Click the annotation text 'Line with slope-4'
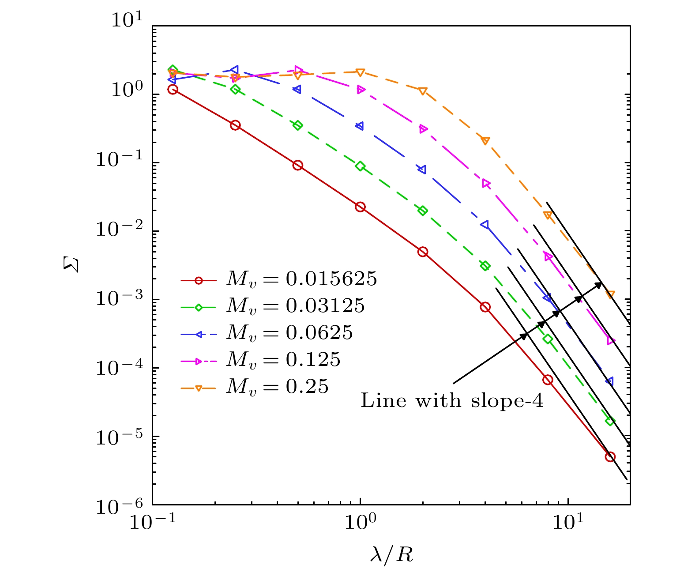(x=452, y=401)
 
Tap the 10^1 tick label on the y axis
(x=126, y=20)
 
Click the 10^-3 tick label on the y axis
(x=114, y=299)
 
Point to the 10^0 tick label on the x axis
(x=361, y=524)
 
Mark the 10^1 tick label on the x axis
(x=568, y=524)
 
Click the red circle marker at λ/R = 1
(x=360, y=207)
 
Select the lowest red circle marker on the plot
(x=610, y=457)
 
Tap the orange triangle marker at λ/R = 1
(x=360, y=72)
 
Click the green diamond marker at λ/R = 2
(x=423, y=211)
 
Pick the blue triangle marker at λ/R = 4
(x=485, y=225)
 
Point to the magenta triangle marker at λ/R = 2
(x=423, y=129)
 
